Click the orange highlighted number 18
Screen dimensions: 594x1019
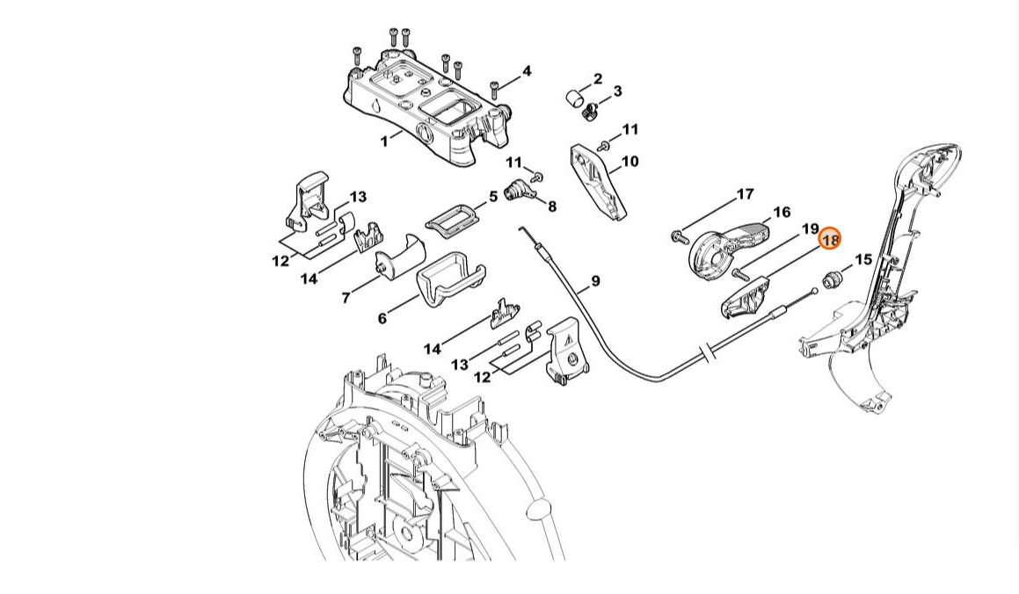pyautogui.click(x=830, y=239)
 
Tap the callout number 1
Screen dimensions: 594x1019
pyautogui.click(x=383, y=141)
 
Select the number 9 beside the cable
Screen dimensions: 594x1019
pyautogui.click(x=595, y=281)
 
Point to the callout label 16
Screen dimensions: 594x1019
pyautogui.click(x=781, y=213)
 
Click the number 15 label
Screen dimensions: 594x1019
pyautogui.click(x=863, y=259)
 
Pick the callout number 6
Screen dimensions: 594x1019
pyautogui.click(x=382, y=318)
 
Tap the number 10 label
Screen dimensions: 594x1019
pyautogui.click(x=630, y=162)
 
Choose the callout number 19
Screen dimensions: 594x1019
pyautogui.click(x=810, y=229)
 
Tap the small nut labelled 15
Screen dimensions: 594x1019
pyautogui.click(x=832, y=281)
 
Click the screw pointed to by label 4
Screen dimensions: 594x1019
pyautogui.click(x=497, y=87)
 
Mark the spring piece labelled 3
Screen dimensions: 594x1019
pyautogui.click(x=592, y=110)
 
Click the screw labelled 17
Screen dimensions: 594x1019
pyautogui.click(x=679, y=235)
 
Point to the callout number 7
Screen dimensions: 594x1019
pyautogui.click(x=346, y=298)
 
